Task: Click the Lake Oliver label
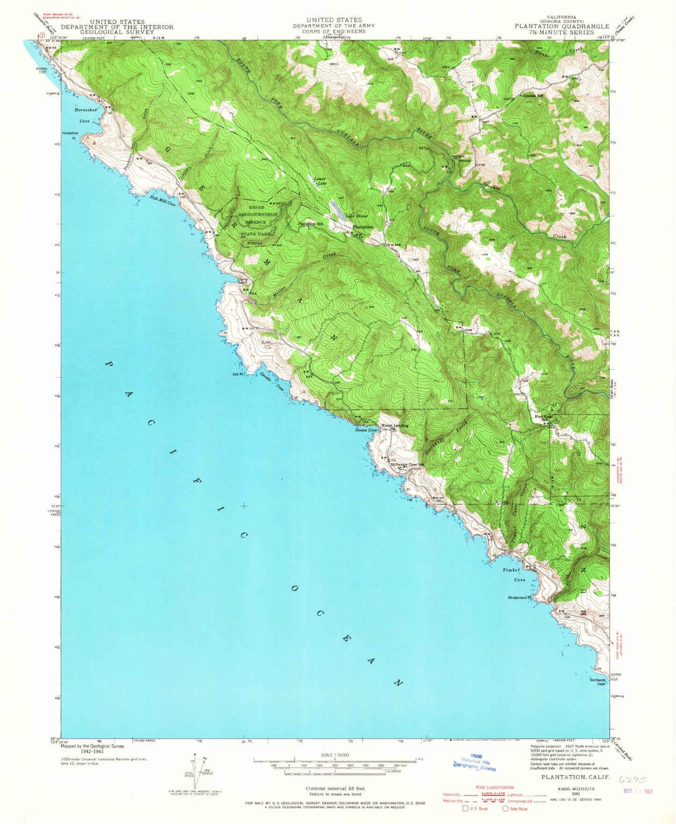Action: (357, 216)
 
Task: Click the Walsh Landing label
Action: (395, 425)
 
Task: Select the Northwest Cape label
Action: (598, 682)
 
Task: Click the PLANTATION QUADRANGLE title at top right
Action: (562, 27)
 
